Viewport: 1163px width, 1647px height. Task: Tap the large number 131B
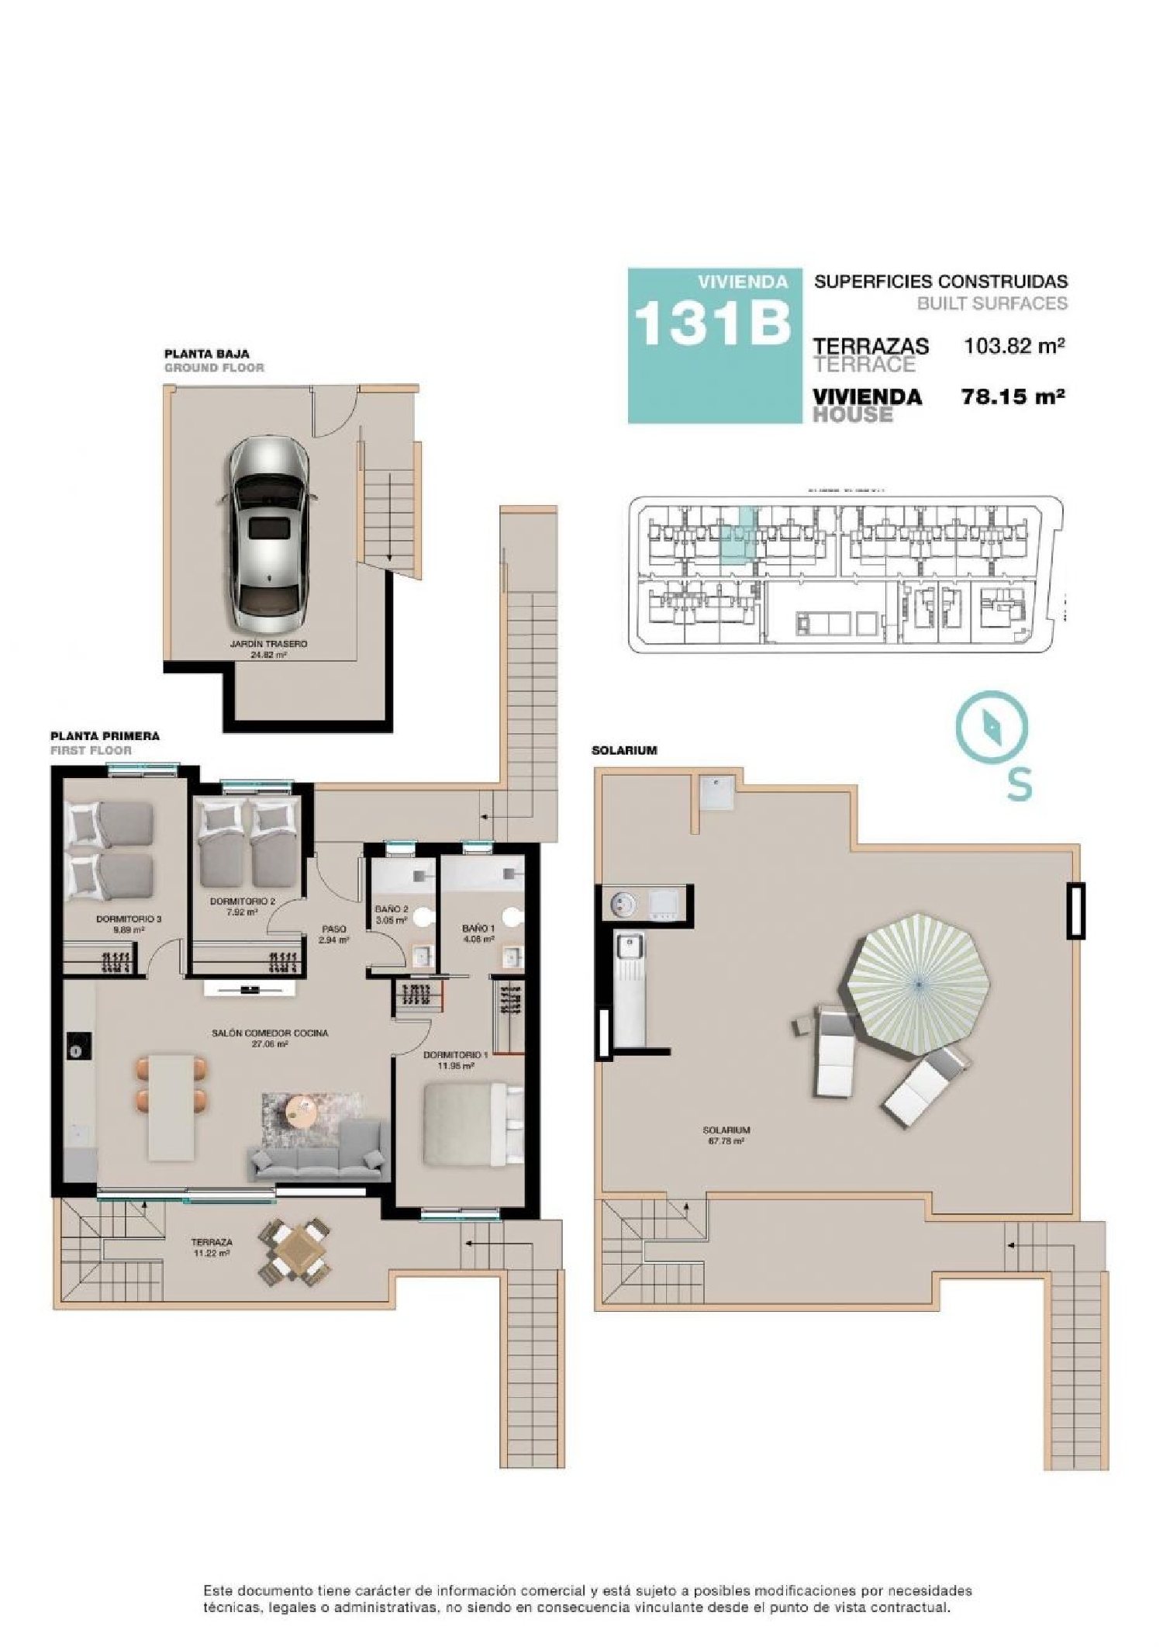(x=713, y=323)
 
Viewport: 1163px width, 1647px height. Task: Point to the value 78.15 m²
(x=1012, y=397)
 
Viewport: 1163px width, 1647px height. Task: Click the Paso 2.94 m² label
(x=334, y=933)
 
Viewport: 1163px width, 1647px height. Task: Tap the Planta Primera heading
(x=105, y=735)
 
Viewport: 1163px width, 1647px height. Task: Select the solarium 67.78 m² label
(x=726, y=1136)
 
